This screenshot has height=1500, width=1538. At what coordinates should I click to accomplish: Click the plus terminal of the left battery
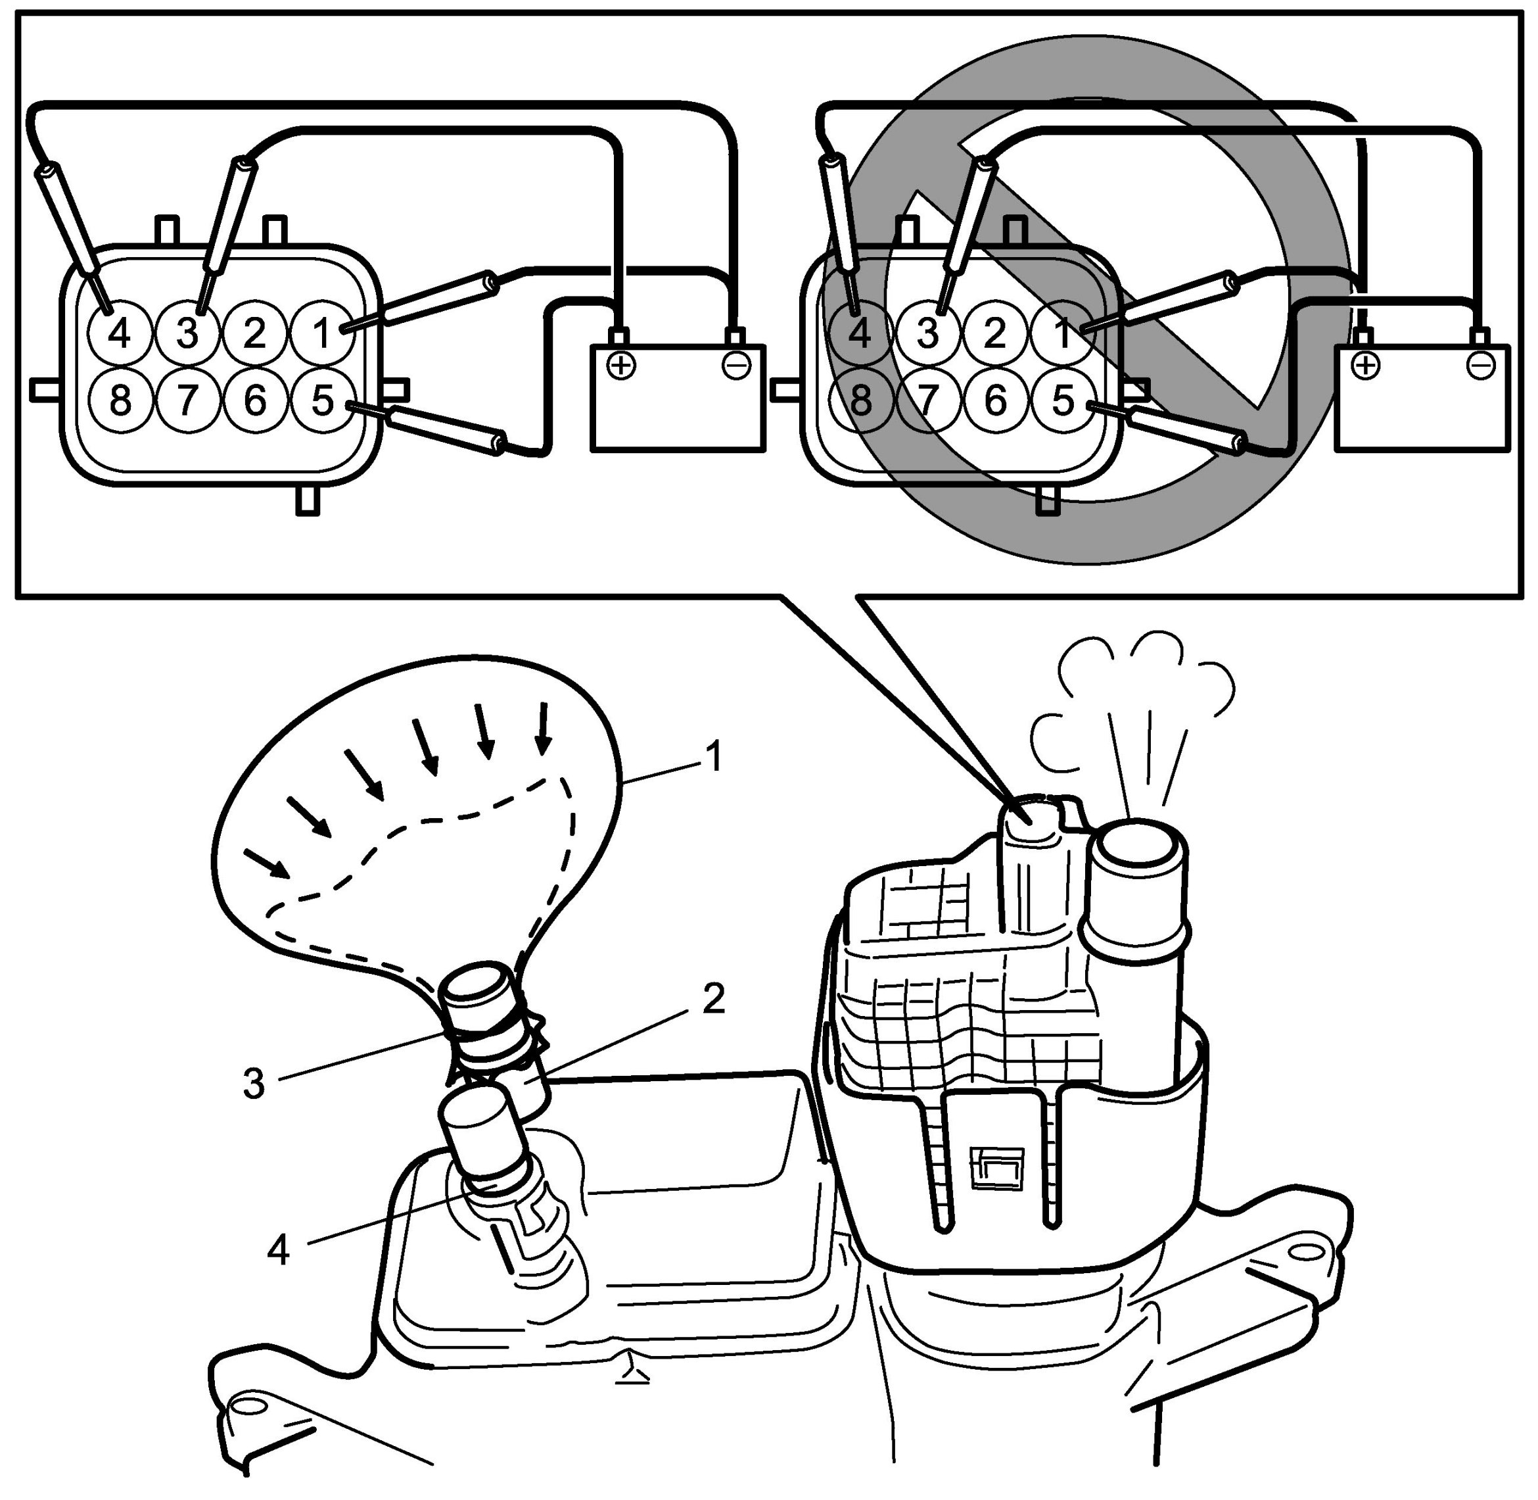pyautogui.click(x=621, y=366)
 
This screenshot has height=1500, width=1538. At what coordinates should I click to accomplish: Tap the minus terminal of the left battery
pyautogui.click(x=736, y=366)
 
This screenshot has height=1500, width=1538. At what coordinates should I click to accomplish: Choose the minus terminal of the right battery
pyautogui.click(x=1481, y=366)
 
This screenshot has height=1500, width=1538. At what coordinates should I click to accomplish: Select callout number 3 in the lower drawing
pyautogui.click(x=254, y=1084)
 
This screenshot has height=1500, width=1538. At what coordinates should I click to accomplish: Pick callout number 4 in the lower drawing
pyautogui.click(x=278, y=1249)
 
